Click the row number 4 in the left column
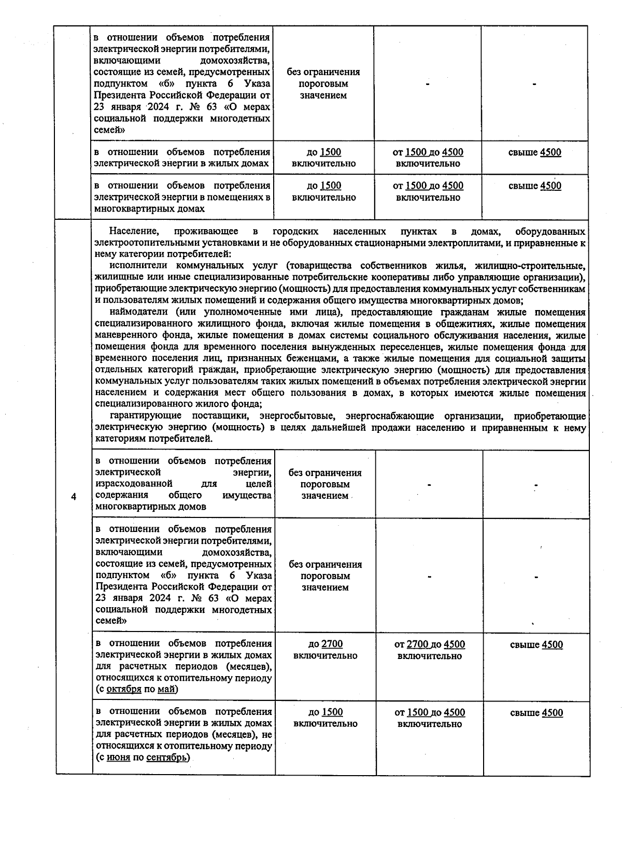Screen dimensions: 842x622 pyautogui.click(x=74, y=497)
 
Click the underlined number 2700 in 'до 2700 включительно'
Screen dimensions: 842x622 pyautogui.click(x=332, y=644)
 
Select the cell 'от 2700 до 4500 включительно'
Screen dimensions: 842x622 pyautogui.click(x=430, y=650)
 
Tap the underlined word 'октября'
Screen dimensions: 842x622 pyautogui.click(x=124, y=689)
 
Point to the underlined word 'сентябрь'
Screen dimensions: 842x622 pyautogui.click(x=165, y=757)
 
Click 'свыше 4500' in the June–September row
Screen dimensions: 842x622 pyautogui.click(x=536, y=713)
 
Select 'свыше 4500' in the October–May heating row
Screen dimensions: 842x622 pyautogui.click(x=536, y=644)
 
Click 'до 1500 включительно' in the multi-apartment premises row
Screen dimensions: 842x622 pyautogui.click(x=324, y=191)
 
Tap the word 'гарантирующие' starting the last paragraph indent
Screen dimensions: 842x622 pyautogui.click(x=145, y=416)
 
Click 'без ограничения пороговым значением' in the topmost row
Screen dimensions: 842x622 pyautogui.click(x=323, y=83)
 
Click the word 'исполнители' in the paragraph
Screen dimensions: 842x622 pyautogui.click(x=136, y=265)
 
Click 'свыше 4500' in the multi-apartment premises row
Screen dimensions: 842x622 pyautogui.click(x=534, y=186)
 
